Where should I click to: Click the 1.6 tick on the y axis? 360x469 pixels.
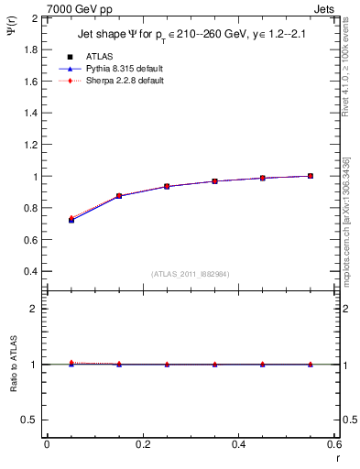32,82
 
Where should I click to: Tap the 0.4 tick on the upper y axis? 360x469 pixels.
32,272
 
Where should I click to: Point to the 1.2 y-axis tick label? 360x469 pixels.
32,129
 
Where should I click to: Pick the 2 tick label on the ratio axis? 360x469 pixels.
36,309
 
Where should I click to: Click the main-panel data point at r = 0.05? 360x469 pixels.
71,220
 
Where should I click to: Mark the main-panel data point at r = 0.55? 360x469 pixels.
311,176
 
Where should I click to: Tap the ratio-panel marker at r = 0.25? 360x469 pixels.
167,365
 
